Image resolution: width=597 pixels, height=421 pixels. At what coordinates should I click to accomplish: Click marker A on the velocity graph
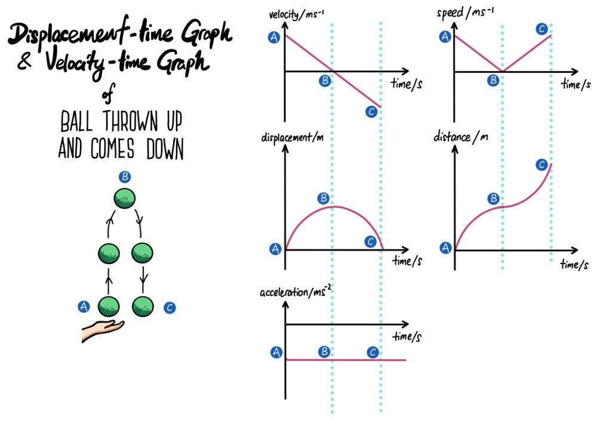click(x=275, y=38)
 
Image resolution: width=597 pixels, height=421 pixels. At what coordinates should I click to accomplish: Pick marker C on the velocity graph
click(x=371, y=111)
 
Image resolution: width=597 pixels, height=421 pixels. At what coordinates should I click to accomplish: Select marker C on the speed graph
click(x=542, y=28)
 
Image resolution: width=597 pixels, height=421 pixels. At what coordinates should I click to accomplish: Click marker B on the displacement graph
click(x=324, y=197)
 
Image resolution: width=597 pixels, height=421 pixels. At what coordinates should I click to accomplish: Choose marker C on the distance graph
click(x=542, y=164)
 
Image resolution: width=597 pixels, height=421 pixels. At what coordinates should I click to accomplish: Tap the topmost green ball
click(x=125, y=197)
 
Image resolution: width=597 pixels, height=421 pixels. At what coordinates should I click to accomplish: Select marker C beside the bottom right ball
click(x=170, y=308)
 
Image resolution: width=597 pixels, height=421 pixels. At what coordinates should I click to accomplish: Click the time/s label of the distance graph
click(x=574, y=265)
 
